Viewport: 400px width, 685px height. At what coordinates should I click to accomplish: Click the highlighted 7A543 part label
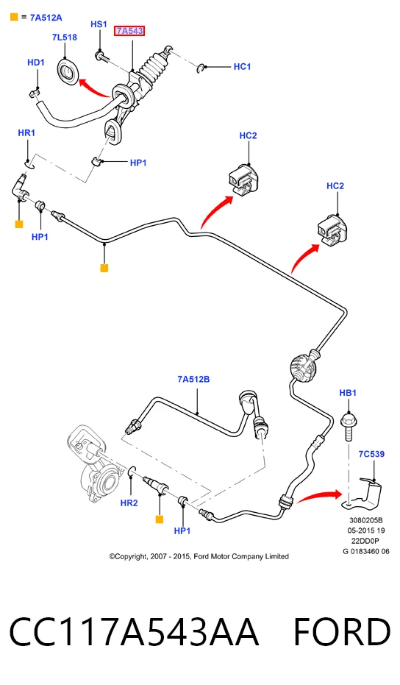(129, 31)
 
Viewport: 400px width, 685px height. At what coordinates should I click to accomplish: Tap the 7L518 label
(65, 37)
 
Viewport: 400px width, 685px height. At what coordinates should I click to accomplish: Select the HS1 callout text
(99, 24)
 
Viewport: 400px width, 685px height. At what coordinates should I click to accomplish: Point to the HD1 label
(36, 63)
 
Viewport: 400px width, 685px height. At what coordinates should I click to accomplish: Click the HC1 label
(243, 66)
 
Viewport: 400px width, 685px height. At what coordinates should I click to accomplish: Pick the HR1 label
(26, 132)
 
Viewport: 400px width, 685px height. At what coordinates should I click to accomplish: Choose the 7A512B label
(193, 379)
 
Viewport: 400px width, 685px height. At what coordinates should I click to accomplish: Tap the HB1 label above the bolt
(348, 393)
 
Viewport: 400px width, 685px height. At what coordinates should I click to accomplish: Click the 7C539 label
(371, 454)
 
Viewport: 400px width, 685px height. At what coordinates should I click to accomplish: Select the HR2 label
(129, 503)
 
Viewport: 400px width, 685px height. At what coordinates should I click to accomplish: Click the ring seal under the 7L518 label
(68, 71)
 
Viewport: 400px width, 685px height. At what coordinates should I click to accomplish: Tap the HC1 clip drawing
(201, 68)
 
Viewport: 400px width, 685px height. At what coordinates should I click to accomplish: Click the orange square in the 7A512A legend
(14, 18)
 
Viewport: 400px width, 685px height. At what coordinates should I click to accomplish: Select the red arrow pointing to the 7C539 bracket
(319, 496)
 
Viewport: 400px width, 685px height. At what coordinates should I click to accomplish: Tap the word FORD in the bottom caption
(342, 632)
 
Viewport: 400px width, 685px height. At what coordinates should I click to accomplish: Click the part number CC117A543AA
(134, 632)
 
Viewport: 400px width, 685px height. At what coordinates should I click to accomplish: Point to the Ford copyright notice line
(199, 556)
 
